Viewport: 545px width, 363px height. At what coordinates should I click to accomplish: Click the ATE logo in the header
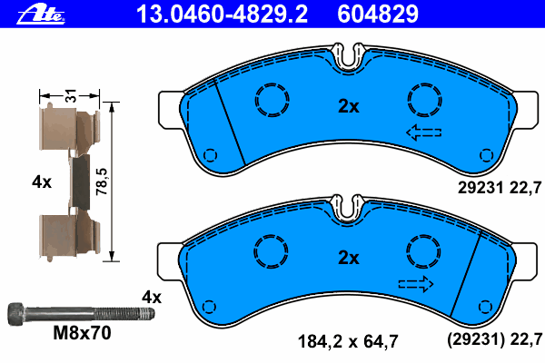[x=41, y=15]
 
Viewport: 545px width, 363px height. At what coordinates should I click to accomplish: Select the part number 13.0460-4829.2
[x=222, y=15]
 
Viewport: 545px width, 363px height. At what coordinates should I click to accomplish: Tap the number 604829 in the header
[x=378, y=15]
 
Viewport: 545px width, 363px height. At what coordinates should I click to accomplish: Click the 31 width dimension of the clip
[x=71, y=95]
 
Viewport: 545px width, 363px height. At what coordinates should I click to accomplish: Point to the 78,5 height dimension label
[x=102, y=181]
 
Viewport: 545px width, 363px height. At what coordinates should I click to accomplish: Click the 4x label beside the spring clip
[x=42, y=182]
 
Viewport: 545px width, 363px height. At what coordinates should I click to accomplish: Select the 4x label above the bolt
[x=152, y=298]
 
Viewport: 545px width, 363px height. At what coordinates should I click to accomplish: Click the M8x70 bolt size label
[x=82, y=333]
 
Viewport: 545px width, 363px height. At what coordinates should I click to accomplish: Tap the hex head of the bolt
[x=16, y=314]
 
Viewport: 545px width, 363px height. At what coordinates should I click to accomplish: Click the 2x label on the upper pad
[x=349, y=106]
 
